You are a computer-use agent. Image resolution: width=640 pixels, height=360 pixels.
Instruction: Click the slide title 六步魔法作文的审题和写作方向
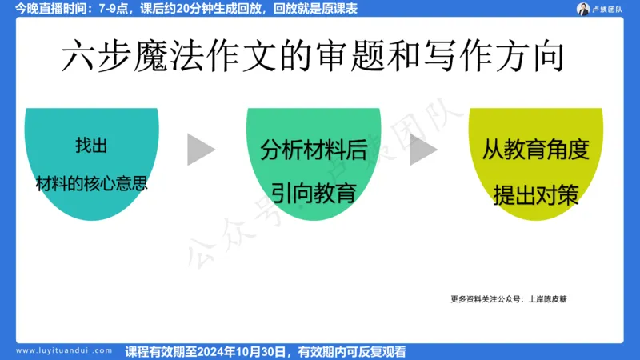tap(314, 57)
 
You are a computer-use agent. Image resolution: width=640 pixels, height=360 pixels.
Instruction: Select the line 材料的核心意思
tap(91, 182)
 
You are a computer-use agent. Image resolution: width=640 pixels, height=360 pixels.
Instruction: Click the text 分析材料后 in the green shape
tap(313, 150)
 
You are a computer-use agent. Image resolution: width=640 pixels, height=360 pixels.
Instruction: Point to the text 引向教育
tap(313, 193)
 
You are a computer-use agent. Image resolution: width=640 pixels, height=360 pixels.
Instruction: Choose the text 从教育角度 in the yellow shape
tap(535, 150)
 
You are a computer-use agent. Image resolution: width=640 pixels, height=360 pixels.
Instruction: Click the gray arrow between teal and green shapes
tap(201, 150)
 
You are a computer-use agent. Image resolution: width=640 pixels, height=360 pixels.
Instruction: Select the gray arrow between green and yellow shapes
tap(423, 150)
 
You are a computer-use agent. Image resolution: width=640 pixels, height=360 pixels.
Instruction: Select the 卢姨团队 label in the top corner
tap(610, 9)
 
